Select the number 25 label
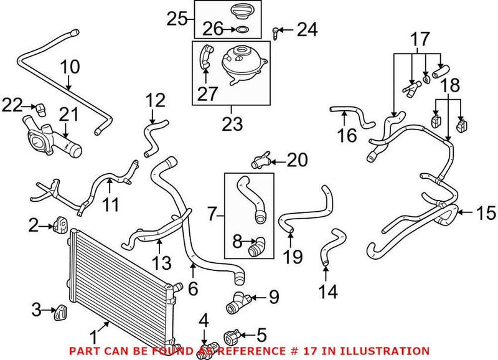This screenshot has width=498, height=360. (177, 19)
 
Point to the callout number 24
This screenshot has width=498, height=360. (306, 29)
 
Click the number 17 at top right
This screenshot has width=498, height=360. (421, 40)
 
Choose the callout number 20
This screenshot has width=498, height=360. (297, 160)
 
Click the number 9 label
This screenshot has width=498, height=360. (275, 298)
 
